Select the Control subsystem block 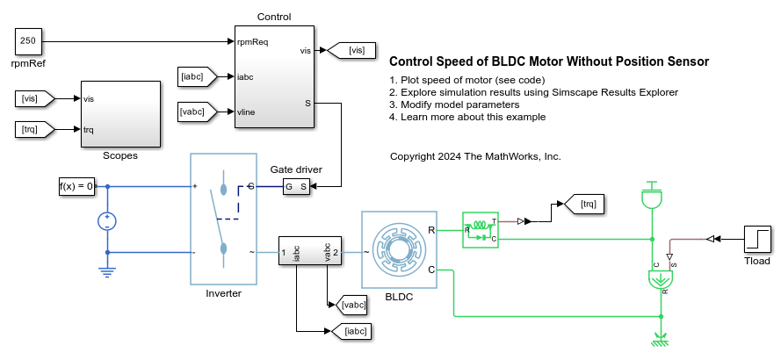click(x=275, y=76)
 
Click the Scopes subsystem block click(x=120, y=114)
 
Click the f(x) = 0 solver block click(x=76, y=186)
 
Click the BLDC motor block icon click(x=399, y=249)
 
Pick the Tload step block click(x=756, y=237)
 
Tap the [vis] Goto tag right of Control click(x=356, y=51)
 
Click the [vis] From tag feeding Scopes click(x=36, y=99)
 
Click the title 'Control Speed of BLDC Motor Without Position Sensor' click(x=548, y=61)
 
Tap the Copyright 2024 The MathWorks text click(x=474, y=156)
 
